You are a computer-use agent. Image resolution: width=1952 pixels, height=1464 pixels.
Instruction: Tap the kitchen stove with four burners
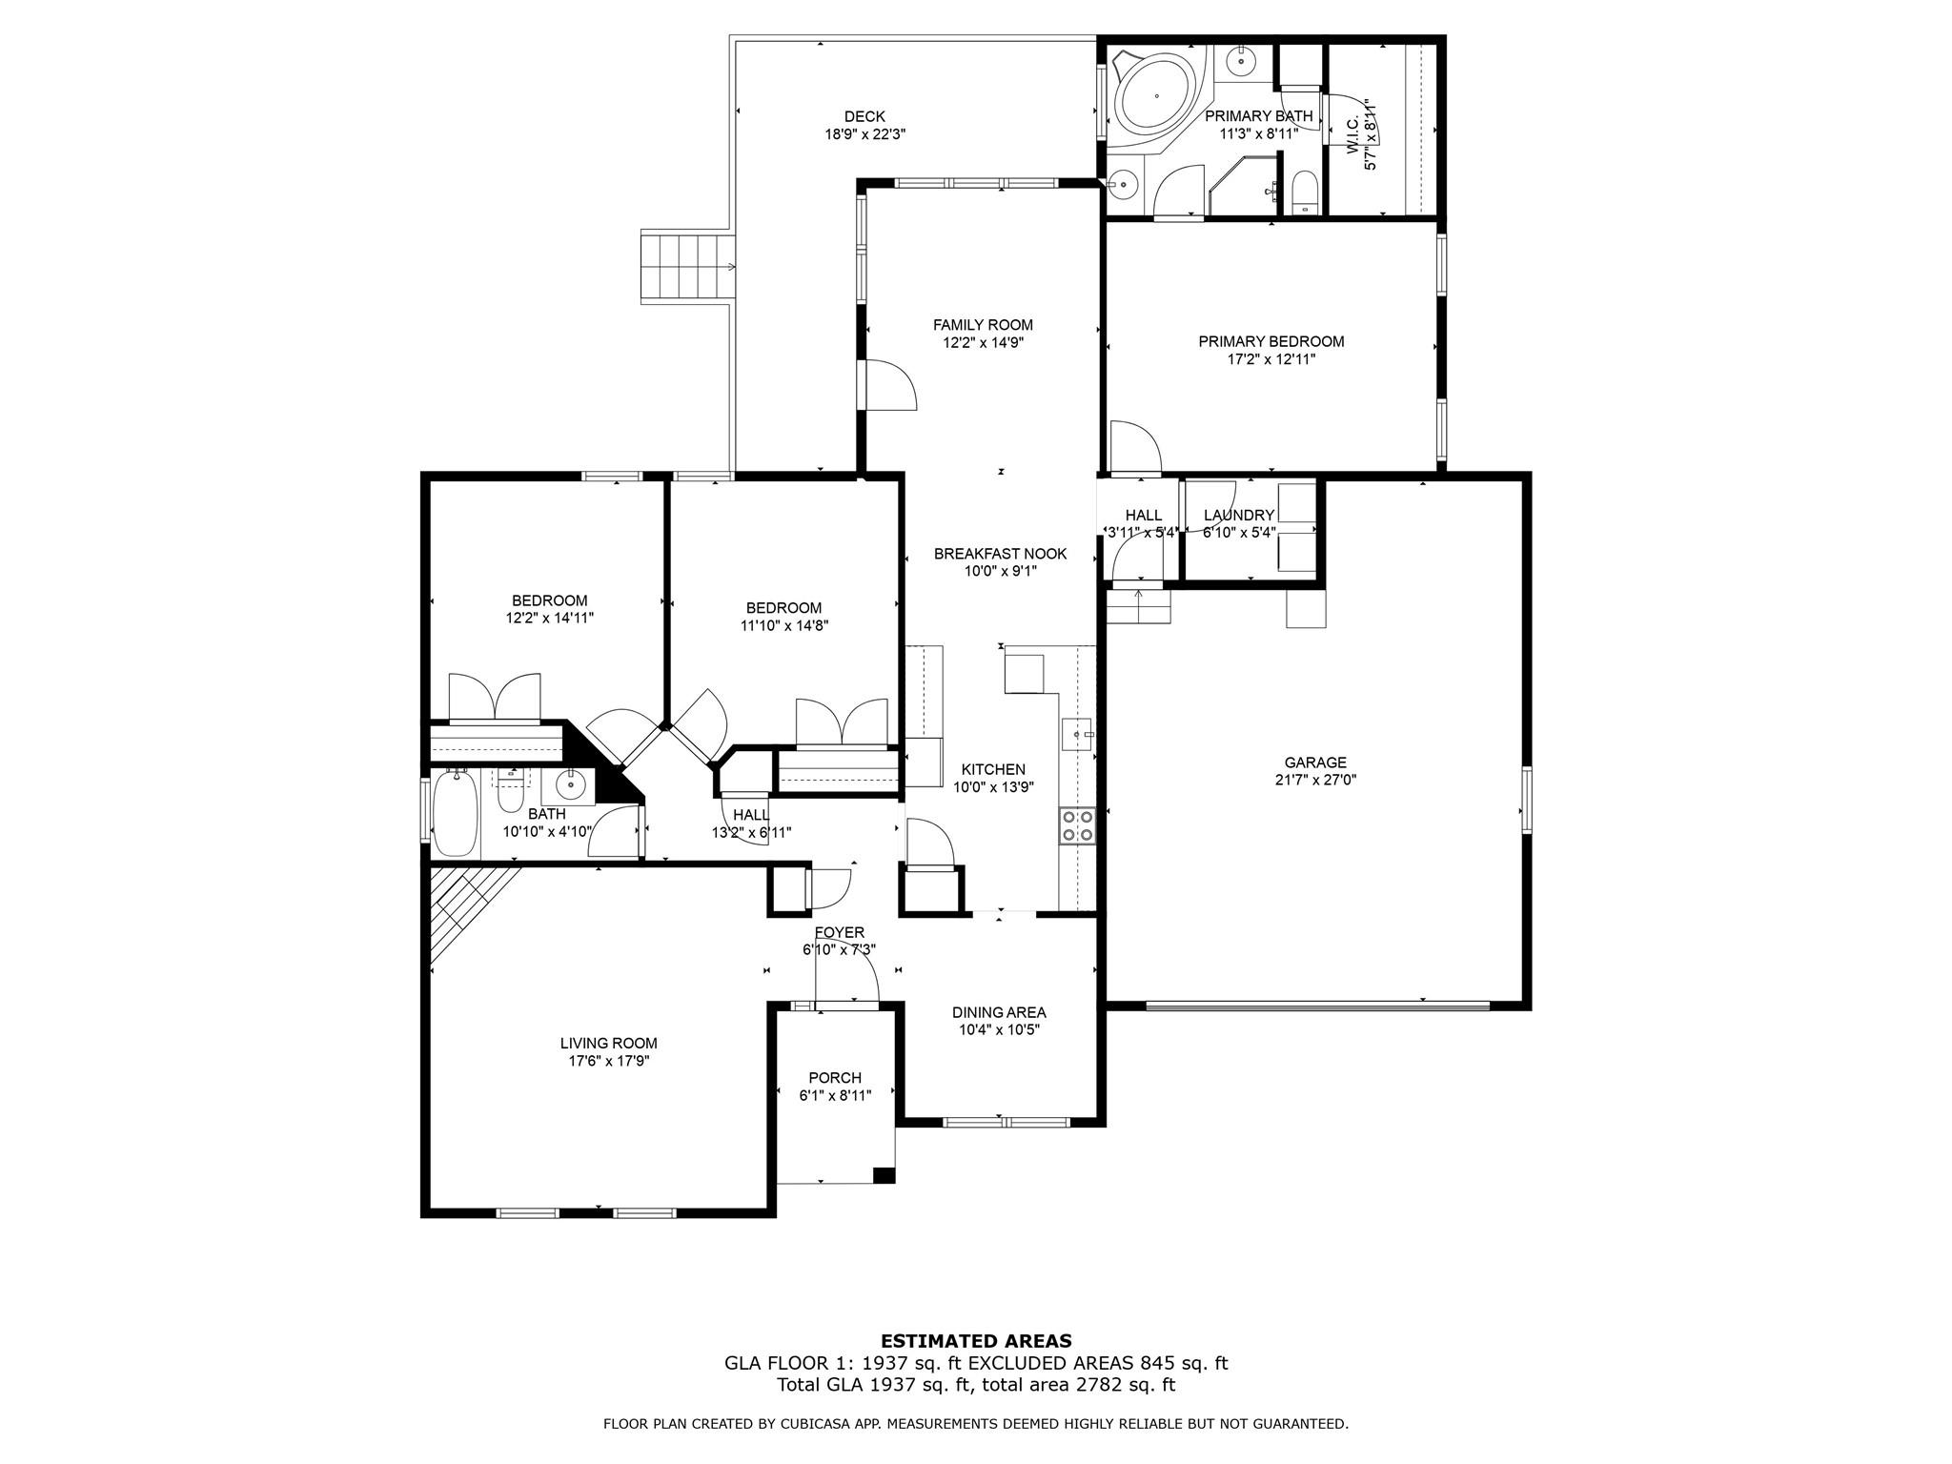coord(1077,825)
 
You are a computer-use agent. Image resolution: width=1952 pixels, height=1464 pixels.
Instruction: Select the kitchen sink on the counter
coord(1077,735)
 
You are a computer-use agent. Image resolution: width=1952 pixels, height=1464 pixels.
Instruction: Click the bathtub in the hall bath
coord(456,815)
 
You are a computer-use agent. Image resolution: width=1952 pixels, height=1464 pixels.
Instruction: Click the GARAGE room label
coord(1315,762)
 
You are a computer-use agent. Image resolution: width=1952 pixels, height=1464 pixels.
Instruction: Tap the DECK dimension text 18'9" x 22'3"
coord(864,134)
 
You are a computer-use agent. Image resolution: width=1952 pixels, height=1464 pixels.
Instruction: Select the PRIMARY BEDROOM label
coord(1271,341)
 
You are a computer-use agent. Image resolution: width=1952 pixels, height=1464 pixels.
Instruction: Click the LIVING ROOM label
coord(608,1044)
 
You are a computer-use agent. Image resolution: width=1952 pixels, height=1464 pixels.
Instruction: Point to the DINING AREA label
coord(999,1012)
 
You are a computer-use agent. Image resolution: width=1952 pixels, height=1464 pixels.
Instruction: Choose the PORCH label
coord(835,1078)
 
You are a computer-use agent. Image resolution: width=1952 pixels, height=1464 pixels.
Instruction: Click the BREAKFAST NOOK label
coord(1000,554)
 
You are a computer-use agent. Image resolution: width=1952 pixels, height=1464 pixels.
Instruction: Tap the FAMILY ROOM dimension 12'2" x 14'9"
coord(983,342)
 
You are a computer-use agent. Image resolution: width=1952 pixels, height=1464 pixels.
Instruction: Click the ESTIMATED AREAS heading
coord(976,1341)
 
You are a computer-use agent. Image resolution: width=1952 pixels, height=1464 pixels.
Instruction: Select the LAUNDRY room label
coord(1238,516)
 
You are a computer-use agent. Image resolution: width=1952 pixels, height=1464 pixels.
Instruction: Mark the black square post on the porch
coord(884,1175)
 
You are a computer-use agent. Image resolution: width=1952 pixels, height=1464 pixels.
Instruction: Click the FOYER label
coord(839,932)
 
